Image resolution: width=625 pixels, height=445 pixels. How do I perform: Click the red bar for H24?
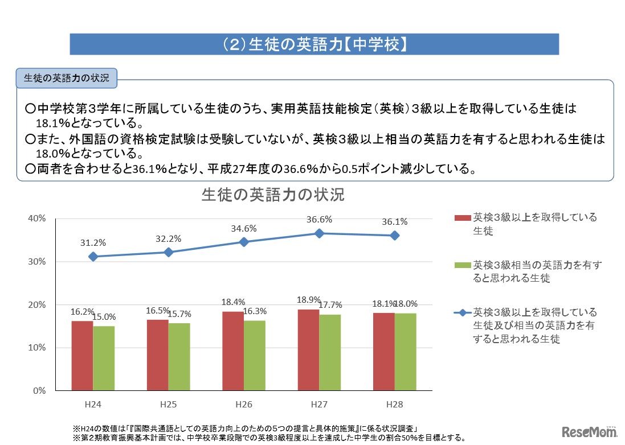(83, 356)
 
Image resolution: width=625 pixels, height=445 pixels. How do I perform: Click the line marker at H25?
(169, 252)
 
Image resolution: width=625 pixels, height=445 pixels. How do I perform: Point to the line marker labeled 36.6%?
(319, 233)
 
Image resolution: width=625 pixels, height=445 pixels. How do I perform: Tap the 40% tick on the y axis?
(37, 219)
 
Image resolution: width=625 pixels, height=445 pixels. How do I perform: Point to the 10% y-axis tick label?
(37, 348)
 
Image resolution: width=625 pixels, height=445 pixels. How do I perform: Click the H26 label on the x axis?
(244, 405)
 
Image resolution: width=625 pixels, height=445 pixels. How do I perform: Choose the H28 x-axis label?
(394, 405)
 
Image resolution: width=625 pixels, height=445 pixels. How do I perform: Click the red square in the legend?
(462, 218)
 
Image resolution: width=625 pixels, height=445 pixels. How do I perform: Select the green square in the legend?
(462, 265)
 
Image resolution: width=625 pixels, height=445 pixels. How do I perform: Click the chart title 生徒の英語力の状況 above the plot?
(273, 195)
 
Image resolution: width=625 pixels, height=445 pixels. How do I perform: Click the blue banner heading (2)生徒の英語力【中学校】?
(314, 44)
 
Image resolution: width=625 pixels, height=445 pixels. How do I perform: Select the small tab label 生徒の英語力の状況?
(67, 79)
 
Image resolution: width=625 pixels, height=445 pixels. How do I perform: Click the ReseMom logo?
(590, 430)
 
